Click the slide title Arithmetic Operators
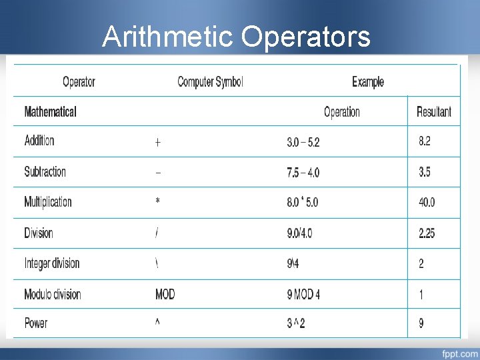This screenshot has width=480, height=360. [x=236, y=37]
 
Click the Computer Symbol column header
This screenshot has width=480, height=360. [x=210, y=82]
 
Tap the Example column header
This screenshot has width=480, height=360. [x=368, y=82]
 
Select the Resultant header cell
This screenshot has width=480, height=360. [x=433, y=111]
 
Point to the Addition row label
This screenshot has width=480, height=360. [x=39, y=141]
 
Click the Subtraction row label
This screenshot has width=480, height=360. [x=45, y=171]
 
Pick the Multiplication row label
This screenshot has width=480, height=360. [x=48, y=202]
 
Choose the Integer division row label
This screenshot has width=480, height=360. [x=52, y=263]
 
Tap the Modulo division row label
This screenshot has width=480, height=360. [x=53, y=294]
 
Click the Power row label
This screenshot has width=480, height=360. [x=36, y=323]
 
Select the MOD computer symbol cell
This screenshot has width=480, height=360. [x=165, y=294]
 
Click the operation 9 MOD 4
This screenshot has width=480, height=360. [x=303, y=294]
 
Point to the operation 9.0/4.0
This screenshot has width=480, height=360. [x=299, y=233]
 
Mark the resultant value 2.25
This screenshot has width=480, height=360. [x=427, y=233]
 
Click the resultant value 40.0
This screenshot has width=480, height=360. [x=427, y=202]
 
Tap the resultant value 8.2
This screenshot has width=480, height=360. [x=425, y=141]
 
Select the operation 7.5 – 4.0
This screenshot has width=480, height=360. [x=303, y=172]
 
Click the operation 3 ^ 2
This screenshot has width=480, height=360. [x=296, y=324]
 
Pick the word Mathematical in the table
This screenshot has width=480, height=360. [x=50, y=112]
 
